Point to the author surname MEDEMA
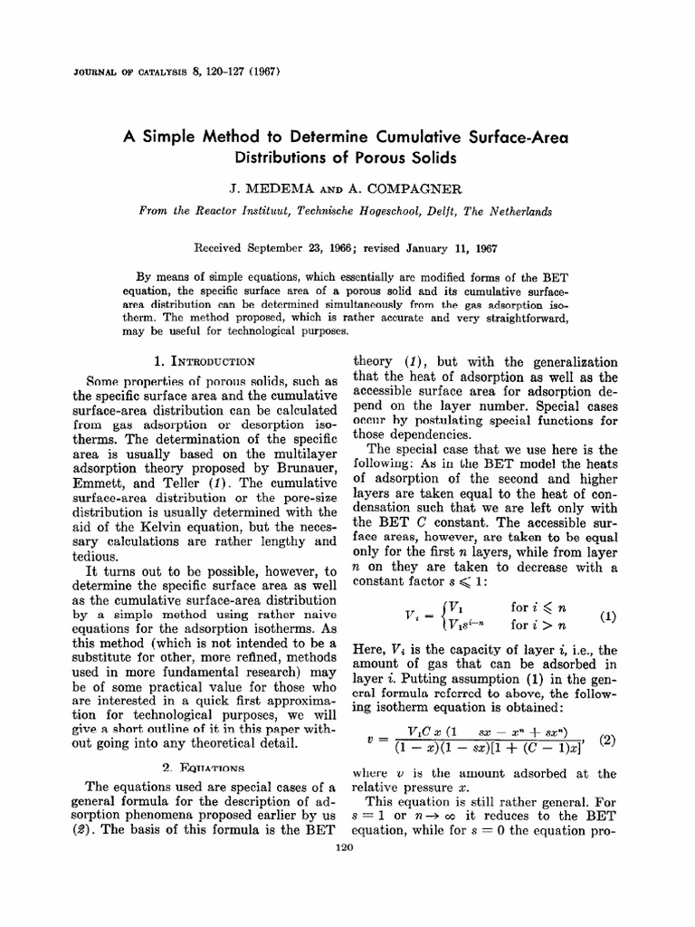tap(276, 188)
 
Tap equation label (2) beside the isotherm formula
tap(607, 739)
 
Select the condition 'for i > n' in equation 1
tap(536, 625)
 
